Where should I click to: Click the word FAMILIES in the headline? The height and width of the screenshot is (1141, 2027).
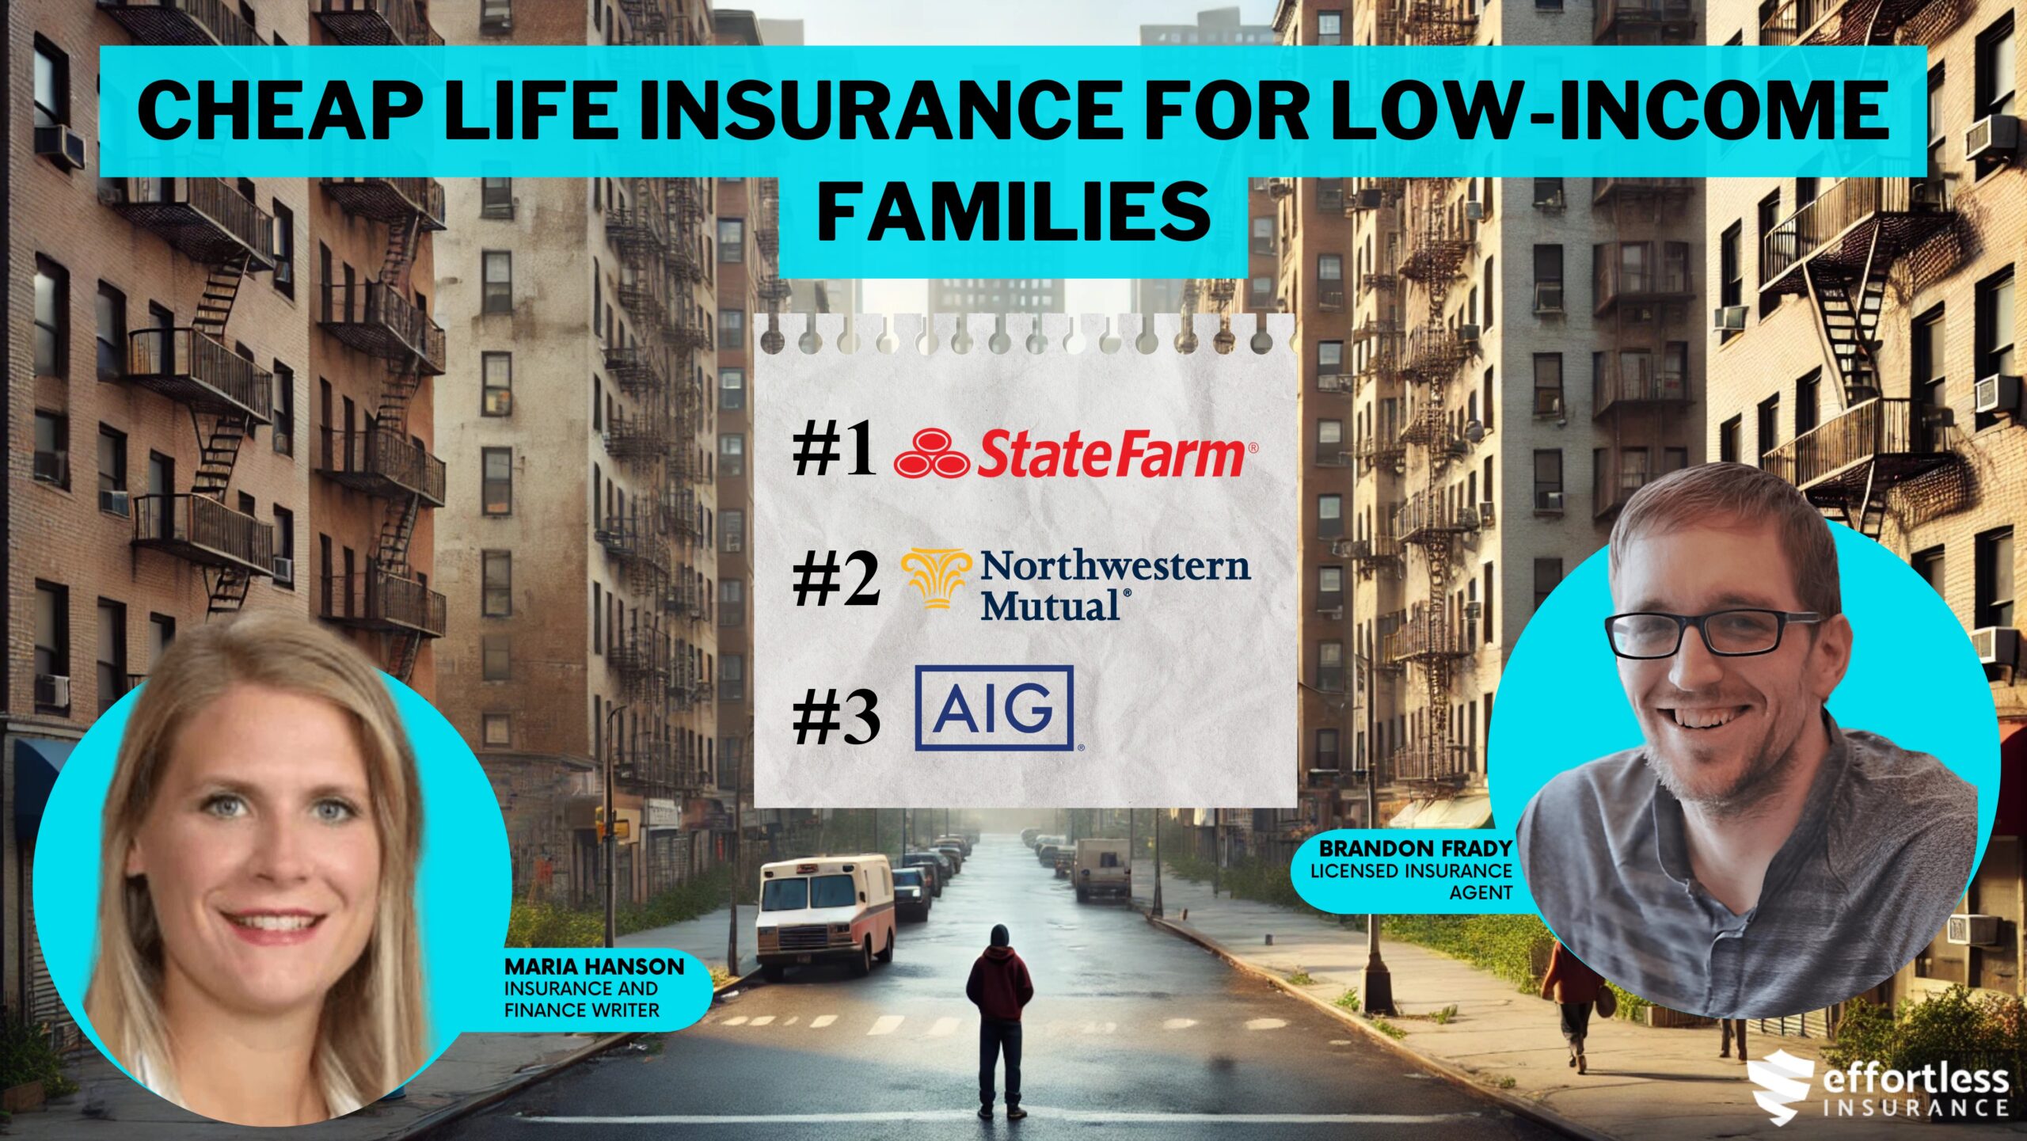coord(1014,212)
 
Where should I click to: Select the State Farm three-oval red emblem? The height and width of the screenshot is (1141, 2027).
coord(931,453)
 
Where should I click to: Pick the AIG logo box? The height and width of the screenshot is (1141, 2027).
coord(994,708)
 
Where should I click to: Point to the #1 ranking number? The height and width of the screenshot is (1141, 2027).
coord(835,453)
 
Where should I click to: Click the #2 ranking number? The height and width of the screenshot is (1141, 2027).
coord(836,580)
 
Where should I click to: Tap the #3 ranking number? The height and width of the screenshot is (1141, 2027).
coord(836,717)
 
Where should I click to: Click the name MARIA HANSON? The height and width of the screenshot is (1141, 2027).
coord(594,967)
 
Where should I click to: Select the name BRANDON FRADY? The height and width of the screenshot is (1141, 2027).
coord(1416,849)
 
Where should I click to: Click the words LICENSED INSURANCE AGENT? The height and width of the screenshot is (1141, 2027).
coord(1412,881)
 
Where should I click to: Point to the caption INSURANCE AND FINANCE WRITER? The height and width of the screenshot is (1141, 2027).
coord(582,999)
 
